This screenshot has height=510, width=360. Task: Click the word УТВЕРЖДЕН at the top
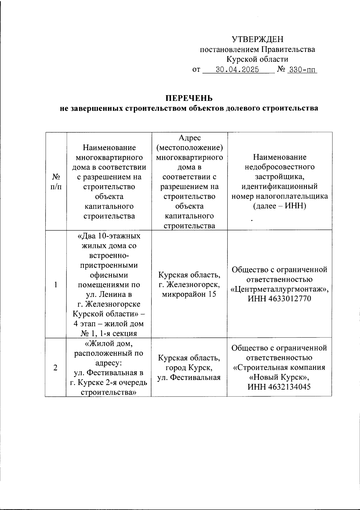(257, 39)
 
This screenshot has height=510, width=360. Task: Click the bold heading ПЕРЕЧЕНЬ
(189, 98)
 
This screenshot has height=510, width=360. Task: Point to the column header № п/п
(56, 182)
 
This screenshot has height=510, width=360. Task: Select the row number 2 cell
(56, 368)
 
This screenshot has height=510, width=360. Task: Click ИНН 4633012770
(279, 299)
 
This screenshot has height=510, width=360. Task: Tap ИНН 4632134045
(279, 387)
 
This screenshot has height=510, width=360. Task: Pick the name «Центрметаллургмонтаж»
(279, 289)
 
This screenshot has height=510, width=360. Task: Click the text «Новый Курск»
(279, 377)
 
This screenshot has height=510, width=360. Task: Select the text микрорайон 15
(189, 294)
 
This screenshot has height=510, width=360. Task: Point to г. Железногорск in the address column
(189, 284)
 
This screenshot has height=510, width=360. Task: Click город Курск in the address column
(189, 368)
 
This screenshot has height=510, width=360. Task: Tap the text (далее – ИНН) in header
(279, 206)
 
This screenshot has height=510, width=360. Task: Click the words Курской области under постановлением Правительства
(257, 59)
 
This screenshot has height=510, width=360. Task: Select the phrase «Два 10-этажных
(109, 236)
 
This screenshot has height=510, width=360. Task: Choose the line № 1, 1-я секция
(109, 333)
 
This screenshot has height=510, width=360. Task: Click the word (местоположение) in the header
(189, 148)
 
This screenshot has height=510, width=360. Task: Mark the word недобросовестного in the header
(279, 167)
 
